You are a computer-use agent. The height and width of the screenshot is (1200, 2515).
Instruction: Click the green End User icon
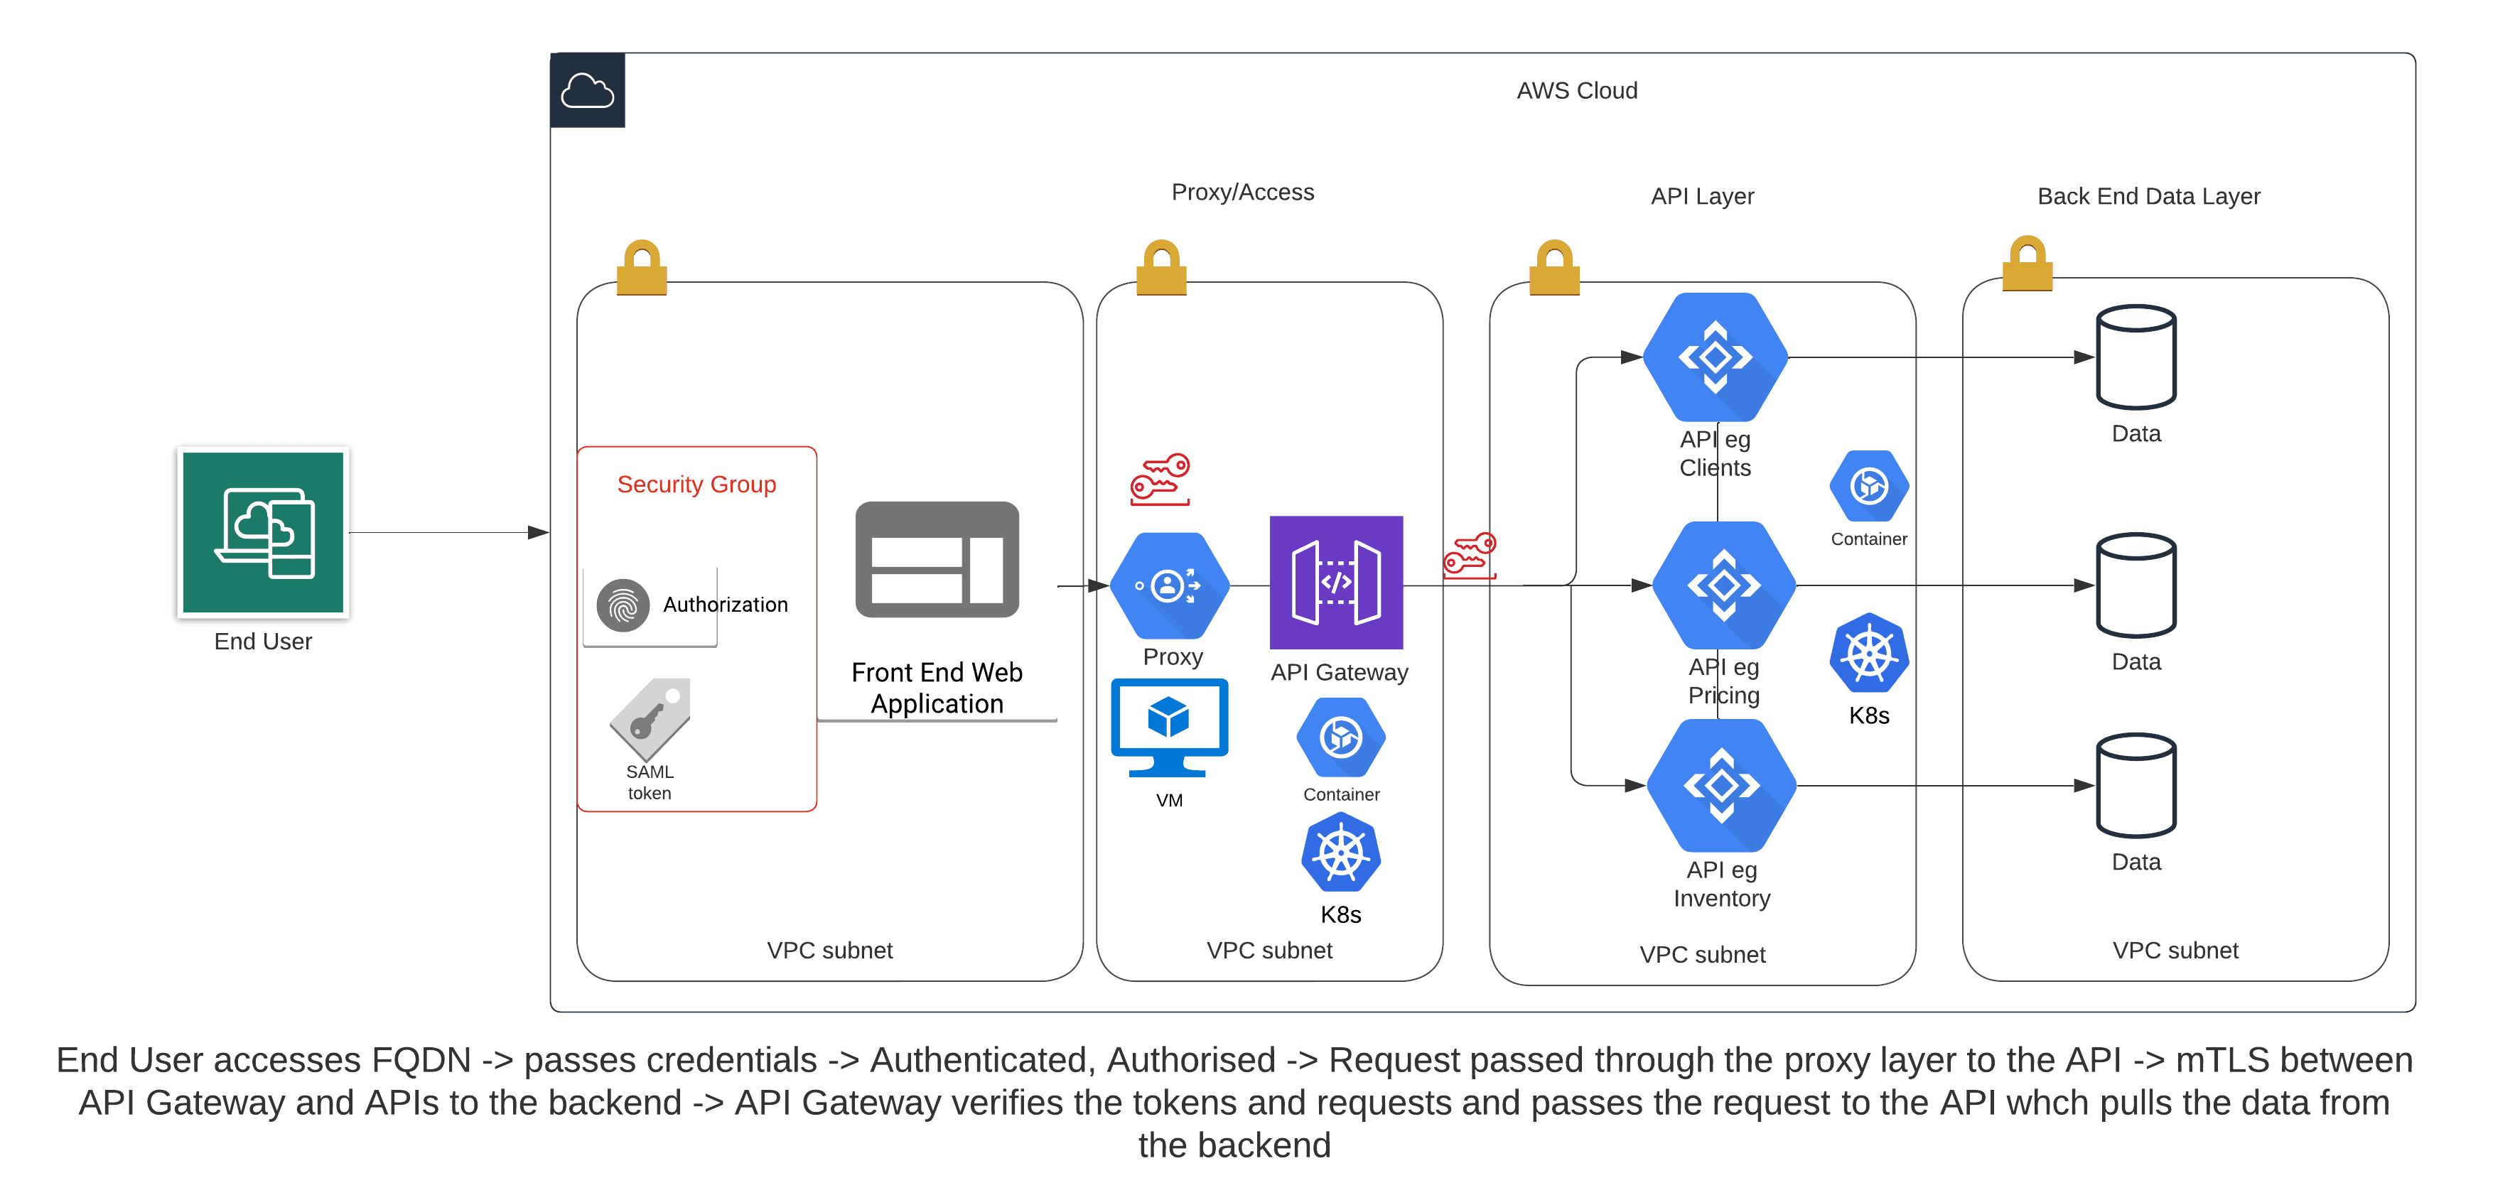tap(263, 532)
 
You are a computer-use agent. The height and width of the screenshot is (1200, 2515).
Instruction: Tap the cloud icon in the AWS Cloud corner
tap(587, 91)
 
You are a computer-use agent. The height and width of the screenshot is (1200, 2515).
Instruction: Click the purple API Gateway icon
tap(1335, 583)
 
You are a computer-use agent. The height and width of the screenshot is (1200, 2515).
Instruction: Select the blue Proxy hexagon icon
tap(1170, 586)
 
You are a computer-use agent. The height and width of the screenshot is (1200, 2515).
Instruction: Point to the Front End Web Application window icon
tap(937, 559)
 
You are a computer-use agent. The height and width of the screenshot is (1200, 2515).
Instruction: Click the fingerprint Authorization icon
tap(623, 605)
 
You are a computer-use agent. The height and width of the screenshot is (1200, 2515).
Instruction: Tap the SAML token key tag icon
tap(650, 720)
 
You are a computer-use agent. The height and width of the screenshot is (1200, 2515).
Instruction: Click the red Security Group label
tap(696, 485)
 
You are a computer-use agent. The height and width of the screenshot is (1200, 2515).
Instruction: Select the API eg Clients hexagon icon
tap(1716, 357)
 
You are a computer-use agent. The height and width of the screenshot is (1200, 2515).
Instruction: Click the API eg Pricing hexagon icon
tap(1723, 585)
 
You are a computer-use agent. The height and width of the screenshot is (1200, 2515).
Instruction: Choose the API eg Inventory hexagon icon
tap(1721, 785)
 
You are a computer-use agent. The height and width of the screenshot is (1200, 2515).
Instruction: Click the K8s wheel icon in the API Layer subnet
tap(1869, 653)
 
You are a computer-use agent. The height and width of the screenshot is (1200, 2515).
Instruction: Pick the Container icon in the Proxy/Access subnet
tap(1340, 737)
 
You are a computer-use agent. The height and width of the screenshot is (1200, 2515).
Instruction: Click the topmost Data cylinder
tap(2136, 357)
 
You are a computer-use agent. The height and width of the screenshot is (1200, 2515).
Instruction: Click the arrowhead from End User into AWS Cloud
tap(538, 532)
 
